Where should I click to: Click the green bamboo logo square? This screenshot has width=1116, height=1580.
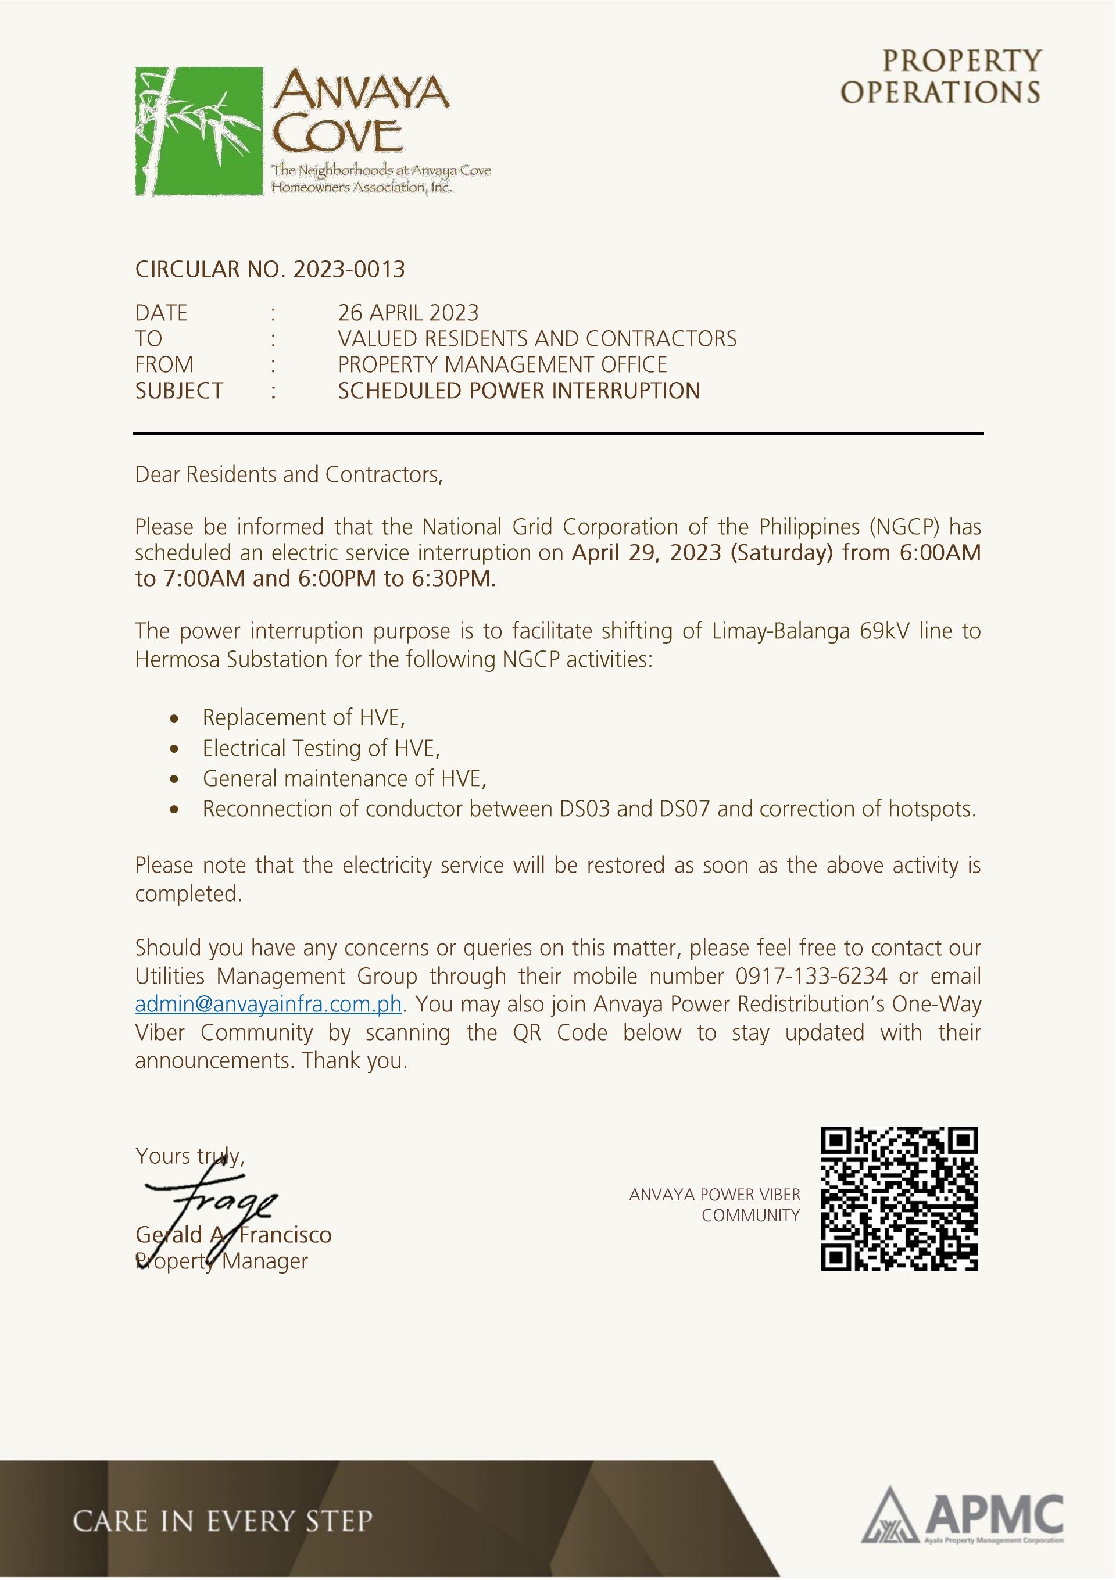[x=199, y=131]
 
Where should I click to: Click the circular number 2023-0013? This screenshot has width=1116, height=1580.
[x=349, y=269]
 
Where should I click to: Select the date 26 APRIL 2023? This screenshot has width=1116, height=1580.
[x=408, y=313]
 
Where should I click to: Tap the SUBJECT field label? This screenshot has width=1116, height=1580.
[x=179, y=391]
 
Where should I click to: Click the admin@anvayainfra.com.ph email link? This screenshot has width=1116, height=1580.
[x=269, y=1004]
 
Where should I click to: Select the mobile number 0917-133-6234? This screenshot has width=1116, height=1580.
[x=811, y=976]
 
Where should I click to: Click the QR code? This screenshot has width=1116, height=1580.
[x=899, y=1198]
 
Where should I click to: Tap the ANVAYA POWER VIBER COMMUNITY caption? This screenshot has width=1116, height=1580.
[x=715, y=1205]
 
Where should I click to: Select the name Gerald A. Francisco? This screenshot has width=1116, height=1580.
[x=233, y=1235]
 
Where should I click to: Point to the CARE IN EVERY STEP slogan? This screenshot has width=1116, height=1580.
[x=222, y=1521]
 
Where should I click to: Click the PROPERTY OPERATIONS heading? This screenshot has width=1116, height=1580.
[x=941, y=76]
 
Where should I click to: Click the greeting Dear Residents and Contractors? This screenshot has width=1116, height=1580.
[x=288, y=475]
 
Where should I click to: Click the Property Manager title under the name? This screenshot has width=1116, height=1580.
[x=221, y=1261]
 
